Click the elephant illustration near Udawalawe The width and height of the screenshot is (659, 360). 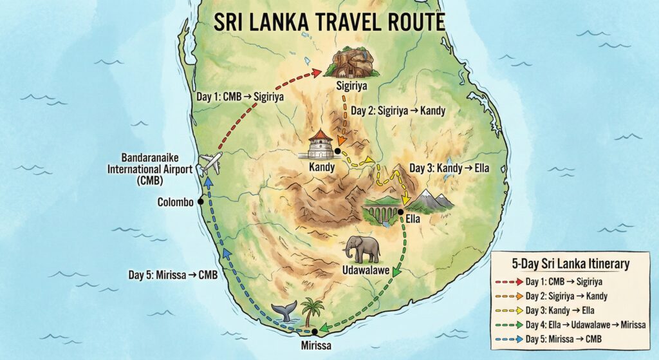tap(362, 249)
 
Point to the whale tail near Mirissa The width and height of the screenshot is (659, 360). tap(283, 310)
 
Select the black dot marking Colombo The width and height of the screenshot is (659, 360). tap(201, 202)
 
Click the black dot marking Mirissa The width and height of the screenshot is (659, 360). tap(315, 332)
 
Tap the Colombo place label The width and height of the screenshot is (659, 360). tap(176, 202)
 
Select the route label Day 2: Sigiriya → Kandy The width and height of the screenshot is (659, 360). tap(396, 111)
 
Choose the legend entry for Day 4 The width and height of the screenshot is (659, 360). tap(566, 324)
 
